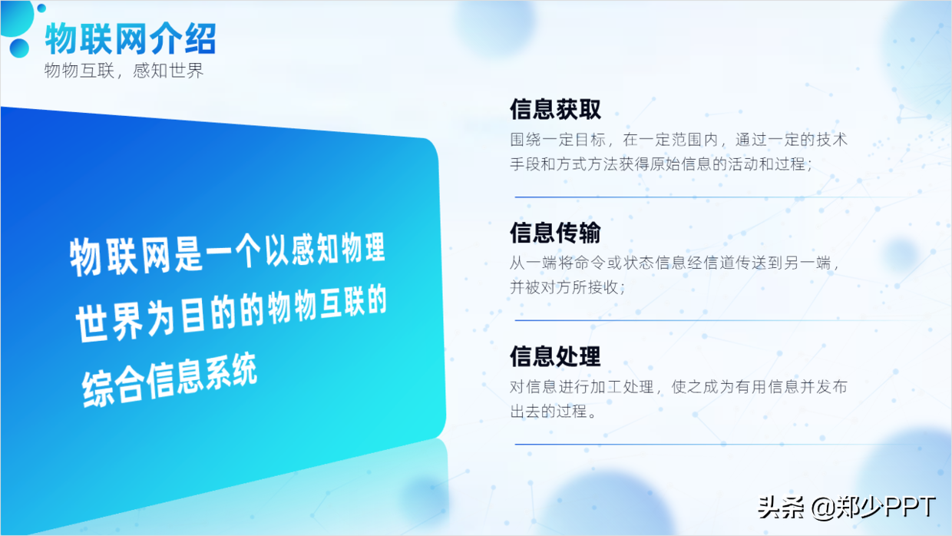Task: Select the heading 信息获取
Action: [555, 110]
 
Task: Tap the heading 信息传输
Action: [555, 233]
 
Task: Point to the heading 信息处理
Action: [555, 356]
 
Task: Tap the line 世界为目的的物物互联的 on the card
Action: [230, 315]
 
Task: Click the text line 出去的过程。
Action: [554, 412]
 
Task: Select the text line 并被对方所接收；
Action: [569, 287]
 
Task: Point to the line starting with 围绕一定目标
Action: [679, 141]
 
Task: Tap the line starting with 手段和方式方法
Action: [661, 164]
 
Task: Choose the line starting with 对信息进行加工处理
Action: [679, 387]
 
